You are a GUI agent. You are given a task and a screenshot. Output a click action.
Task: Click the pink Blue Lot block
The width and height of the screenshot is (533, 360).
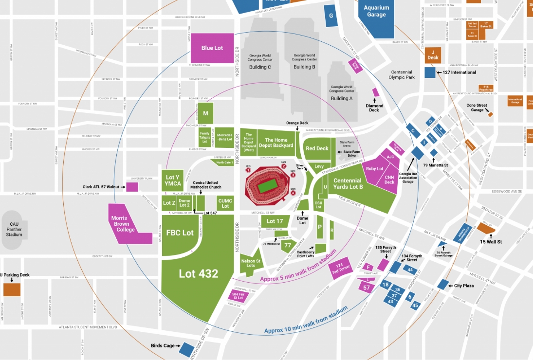(212, 48)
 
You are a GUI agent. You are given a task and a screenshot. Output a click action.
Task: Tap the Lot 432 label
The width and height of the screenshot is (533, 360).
(199, 273)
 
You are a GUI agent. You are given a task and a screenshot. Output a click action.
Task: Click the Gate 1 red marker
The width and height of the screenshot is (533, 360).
(248, 170)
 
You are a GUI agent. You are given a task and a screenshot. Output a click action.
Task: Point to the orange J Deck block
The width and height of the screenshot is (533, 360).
(433, 54)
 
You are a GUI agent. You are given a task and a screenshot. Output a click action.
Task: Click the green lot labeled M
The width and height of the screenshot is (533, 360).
(205, 113)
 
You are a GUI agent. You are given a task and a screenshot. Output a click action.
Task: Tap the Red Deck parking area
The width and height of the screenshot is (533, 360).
(317, 148)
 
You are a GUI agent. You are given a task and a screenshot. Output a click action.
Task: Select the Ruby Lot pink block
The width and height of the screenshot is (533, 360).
(374, 168)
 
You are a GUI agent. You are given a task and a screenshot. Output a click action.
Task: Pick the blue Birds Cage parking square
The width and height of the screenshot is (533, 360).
(185, 348)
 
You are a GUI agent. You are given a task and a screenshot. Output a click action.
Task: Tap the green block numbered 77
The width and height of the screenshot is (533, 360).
(288, 245)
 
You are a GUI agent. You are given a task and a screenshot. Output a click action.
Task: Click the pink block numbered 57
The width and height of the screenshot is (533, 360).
(367, 288)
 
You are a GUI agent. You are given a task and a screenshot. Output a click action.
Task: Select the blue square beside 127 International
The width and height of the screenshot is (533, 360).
(430, 72)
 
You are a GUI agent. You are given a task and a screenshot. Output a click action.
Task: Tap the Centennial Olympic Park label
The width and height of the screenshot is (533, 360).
(402, 74)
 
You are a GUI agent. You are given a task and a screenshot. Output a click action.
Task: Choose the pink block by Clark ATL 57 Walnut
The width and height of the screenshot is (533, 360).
(132, 186)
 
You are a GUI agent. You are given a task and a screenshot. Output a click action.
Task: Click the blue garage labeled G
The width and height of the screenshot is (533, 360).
(331, 15)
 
